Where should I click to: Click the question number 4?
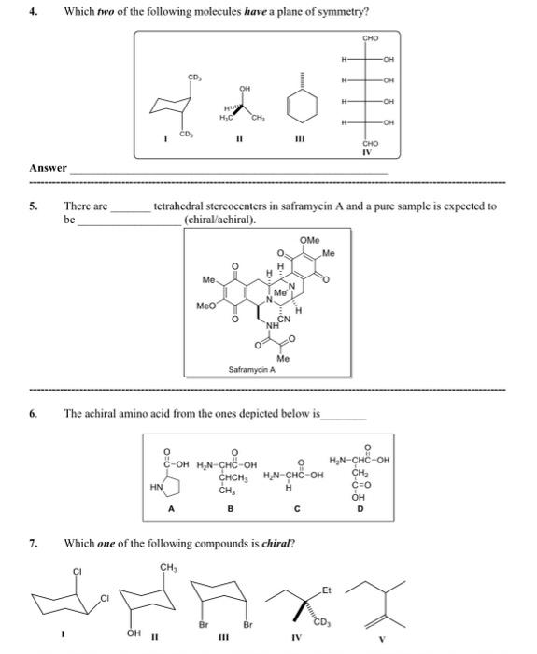pos(34,11)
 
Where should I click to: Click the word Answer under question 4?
pos(48,168)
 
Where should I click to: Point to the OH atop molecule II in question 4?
pos(245,90)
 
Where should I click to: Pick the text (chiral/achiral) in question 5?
pos(222,220)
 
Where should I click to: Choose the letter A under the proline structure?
pos(170,510)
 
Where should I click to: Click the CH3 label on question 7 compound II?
pos(169,566)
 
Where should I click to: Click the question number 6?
pos(34,411)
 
